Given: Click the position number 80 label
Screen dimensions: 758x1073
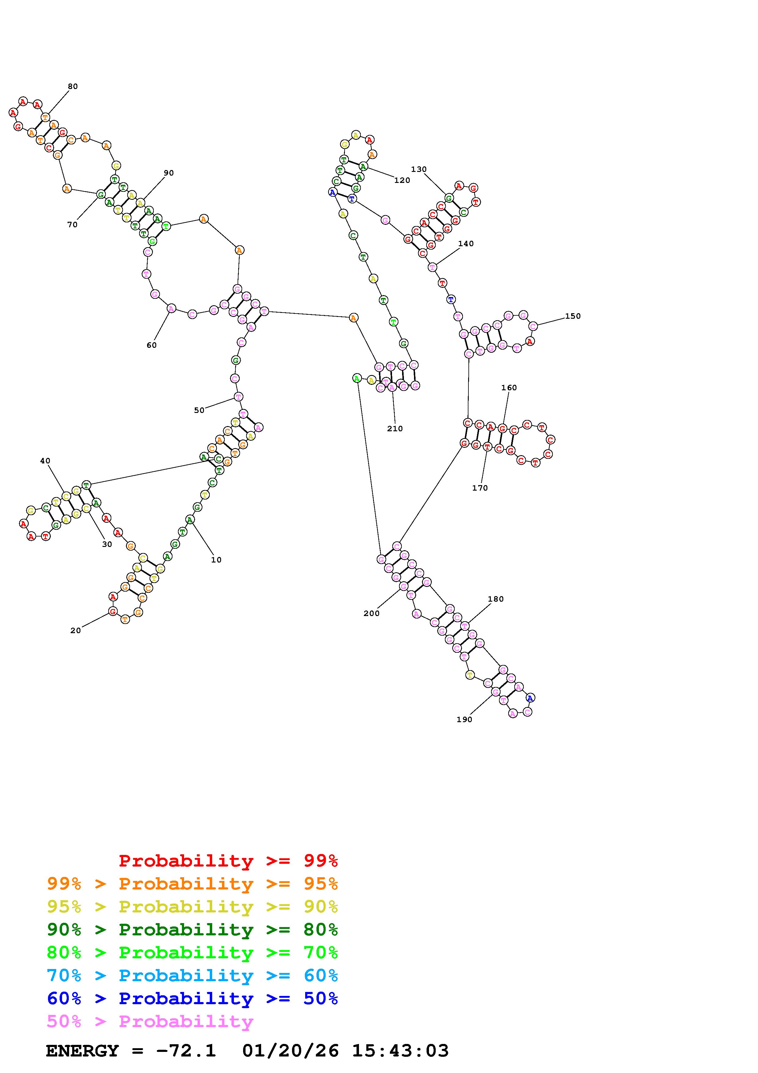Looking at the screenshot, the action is [x=73, y=87].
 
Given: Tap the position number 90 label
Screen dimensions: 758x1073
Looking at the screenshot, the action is [x=168, y=173].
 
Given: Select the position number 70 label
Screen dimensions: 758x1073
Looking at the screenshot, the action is [x=72, y=225].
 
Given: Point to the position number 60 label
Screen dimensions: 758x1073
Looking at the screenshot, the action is [x=152, y=345].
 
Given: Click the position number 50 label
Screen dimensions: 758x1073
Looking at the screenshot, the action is [x=199, y=410].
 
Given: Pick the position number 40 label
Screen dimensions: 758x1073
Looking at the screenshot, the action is [x=45, y=461].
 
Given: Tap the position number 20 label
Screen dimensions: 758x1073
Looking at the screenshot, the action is [x=76, y=630].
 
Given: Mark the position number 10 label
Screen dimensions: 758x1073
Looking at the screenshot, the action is [x=216, y=560].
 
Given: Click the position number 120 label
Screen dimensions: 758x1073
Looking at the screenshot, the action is [x=402, y=180].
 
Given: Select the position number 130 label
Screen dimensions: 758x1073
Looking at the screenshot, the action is [x=419, y=169].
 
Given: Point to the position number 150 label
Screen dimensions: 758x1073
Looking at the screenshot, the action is [x=573, y=316].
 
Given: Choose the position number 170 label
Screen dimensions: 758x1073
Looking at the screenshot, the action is [x=480, y=488].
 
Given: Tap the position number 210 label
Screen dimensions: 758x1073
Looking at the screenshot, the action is [x=395, y=429].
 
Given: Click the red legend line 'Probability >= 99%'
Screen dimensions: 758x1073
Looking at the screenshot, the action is [x=228, y=861].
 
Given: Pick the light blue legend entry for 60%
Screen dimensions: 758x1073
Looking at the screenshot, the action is [x=192, y=975].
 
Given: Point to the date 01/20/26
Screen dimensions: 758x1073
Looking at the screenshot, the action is [x=290, y=1051].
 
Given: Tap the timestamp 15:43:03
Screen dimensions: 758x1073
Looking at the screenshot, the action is [x=400, y=1051].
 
